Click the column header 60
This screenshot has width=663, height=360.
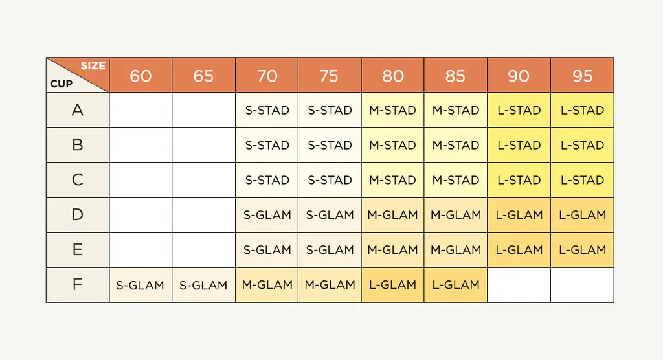pyautogui.click(x=140, y=75)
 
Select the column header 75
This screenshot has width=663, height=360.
pyautogui.click(x=330, y=75)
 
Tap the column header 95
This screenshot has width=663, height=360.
pyautogui.click(x=582, y=75)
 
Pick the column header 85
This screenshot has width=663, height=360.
pyautogui.click(x=456, y=75)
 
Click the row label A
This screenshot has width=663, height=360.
pyautogui.click(x=78, y=110)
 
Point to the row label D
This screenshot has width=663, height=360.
pyautogui.click(x=78, y=215)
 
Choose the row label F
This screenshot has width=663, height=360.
pyautogui.click(x=78, y=285)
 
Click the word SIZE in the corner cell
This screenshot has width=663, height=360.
pyautogui.click(x=93, y=65)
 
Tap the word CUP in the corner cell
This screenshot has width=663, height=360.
pyautogui.click(x=62, y=84)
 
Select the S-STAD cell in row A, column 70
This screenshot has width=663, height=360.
pyautogui.click(x=267, y=110)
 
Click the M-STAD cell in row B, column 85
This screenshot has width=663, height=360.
pyautogui.click(x=456, y=145)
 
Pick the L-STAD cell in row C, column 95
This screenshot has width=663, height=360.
pyautogui.click(x=582, y=180)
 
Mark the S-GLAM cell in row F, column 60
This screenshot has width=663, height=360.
pyautogui.click(x=140, y=285)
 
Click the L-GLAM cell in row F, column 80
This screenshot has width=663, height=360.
pyautogui.click(x=393, y=285)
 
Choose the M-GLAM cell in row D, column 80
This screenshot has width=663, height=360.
pyautogui.click(x=393, y=215)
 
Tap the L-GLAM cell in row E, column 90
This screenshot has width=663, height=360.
pyautogui.click(x=519, y=249)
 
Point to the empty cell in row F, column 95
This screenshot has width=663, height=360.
pyautogui.click(x=582, y=285)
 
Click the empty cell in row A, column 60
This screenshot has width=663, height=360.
pyautogui.click(x=140, y=110)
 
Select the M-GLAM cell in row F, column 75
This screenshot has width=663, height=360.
pyautogui.click(x=330, y=285)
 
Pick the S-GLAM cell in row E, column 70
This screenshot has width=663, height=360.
pyautogui.click(x=267, y=249)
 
